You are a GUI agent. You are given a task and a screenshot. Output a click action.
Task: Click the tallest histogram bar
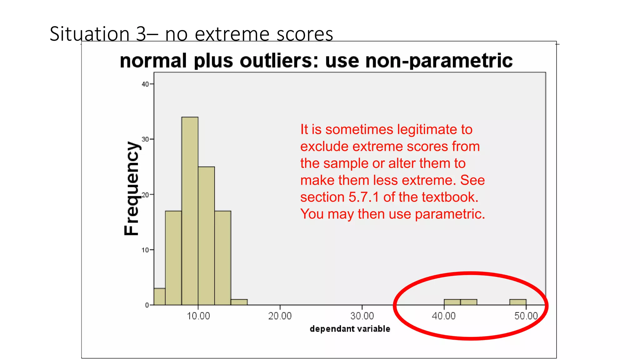(x=190, y=211)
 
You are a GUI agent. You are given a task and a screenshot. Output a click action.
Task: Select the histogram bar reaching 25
(x=206, y=236)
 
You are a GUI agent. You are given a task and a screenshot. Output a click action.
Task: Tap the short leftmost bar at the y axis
(x=159, y=297)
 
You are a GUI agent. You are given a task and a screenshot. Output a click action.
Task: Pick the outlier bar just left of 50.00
(x=518, y=302)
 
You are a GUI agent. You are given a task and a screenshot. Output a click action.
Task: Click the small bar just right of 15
(x=239, y=302)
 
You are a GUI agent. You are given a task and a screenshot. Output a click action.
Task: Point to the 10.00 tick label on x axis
(x=198, y=316)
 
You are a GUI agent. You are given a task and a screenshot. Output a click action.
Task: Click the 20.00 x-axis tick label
(x=280, y=316)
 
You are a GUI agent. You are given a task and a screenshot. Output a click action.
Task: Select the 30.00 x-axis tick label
(x=362, y=316)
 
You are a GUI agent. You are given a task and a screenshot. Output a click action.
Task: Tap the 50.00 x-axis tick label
(x=526, y=316)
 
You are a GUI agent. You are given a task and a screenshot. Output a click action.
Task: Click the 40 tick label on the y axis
(x=145, y=84)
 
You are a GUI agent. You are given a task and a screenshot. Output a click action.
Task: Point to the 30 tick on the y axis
(x=145, y=139)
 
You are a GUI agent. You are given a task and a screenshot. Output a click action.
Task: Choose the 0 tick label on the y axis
(x=147, y=305)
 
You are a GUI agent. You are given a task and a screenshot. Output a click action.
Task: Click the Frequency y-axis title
(x=131, y=188)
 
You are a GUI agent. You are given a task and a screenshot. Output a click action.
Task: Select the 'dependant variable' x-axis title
(x=350, y=329)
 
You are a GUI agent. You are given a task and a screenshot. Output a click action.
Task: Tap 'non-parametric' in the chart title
(x=439, y=61)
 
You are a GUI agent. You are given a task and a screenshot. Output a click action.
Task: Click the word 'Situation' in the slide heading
(x=89, y=34)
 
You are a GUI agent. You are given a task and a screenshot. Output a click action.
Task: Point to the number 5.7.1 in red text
(x=364, y=197)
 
